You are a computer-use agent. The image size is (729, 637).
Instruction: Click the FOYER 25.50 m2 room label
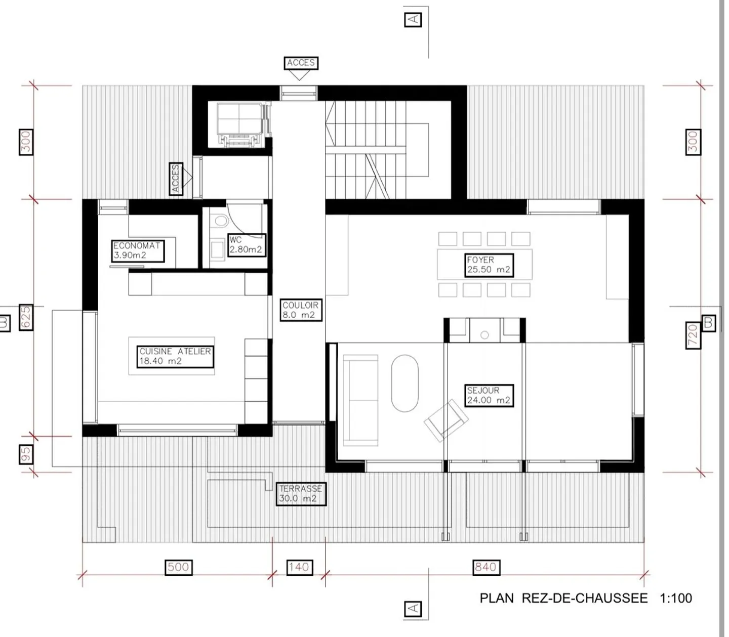489,265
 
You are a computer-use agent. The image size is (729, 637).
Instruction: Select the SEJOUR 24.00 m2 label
489,395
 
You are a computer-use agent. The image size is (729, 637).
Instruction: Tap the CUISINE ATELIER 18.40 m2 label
175,356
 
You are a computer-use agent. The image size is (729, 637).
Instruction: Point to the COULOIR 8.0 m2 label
301,310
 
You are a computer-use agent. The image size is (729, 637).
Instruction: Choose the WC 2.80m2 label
246,245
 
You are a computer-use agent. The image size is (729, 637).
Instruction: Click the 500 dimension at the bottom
178,567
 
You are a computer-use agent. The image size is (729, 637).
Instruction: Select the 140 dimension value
299,567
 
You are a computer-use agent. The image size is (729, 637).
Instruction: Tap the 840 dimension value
485,567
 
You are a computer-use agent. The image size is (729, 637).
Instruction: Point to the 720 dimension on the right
693,334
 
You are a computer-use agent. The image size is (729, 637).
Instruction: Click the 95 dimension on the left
26,454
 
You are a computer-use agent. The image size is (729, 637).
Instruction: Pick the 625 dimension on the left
26,317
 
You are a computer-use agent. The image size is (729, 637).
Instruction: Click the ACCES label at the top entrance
301,63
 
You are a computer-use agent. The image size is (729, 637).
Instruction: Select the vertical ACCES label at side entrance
176,179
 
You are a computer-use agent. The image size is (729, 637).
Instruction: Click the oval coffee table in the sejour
405,383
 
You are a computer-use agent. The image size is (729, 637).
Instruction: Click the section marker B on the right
709,323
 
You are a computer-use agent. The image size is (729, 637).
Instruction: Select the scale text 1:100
676,598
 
